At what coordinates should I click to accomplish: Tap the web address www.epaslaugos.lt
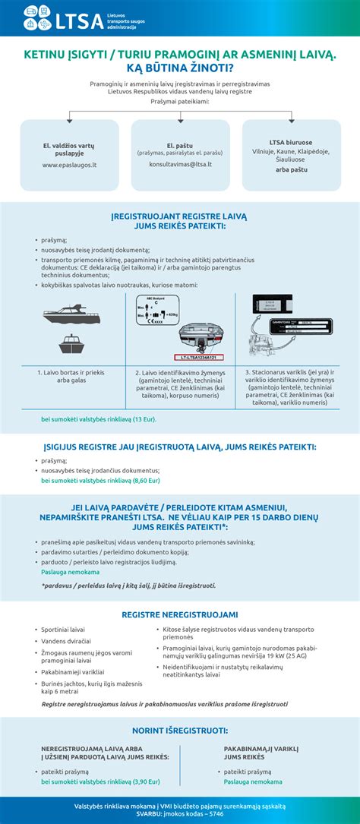tap(68, 164)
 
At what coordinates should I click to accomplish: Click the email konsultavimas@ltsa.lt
tap(180, 163)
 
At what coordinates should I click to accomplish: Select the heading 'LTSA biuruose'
tap(291, 142)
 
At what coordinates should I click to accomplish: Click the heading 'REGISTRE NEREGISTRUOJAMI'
tap(180, 614)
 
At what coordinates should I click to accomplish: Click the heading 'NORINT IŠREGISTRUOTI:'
tap(180, 730)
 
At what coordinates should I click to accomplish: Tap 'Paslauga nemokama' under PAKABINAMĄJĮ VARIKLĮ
tap(253, 781)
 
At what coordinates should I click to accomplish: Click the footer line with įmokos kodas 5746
tap(180, 813)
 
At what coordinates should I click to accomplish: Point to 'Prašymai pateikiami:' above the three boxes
tap(180, 101)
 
